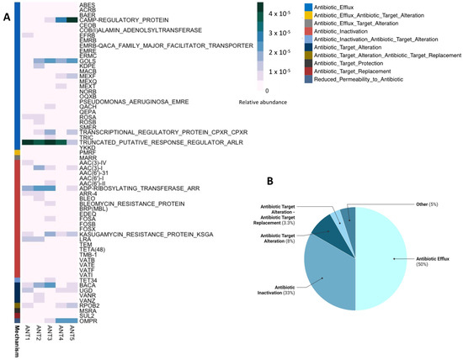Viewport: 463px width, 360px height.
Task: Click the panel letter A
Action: [x=7, y=12]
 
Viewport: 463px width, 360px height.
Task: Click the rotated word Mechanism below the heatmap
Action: [x=18, y=341]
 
